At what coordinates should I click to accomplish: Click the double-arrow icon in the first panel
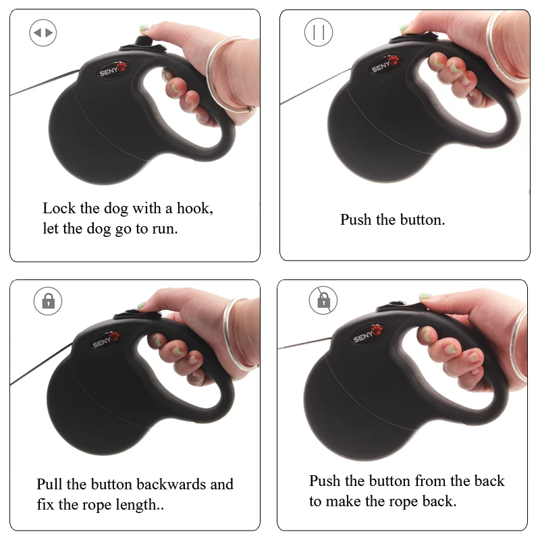43,32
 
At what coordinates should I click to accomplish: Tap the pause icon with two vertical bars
319,32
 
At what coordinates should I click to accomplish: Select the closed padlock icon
48,301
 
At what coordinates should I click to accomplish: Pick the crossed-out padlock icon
323,300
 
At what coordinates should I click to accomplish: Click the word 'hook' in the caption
194,208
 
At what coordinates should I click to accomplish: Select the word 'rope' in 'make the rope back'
403,502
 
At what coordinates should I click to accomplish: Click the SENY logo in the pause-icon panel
385,64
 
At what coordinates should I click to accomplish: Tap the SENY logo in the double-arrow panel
113,70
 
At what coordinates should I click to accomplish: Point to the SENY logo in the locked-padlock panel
106,341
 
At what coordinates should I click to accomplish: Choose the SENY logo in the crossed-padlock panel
367,334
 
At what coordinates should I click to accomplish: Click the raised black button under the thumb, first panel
142,41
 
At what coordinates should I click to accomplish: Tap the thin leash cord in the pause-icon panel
316,86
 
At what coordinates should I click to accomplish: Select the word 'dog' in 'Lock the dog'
116,209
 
